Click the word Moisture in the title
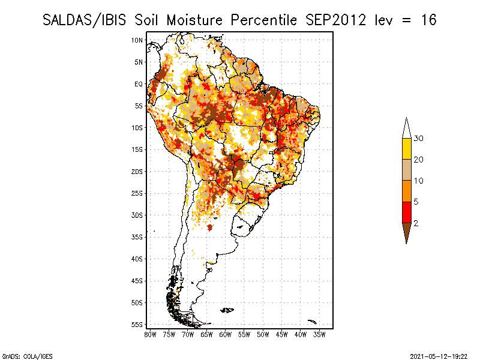coord(194,20)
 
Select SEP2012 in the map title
coord(335,20)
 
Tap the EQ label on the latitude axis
coord(139,84)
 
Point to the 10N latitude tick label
coord(137,40)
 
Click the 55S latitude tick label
coord(137,325)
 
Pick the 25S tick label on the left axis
coord(137,193)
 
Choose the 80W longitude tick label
coord(150,335)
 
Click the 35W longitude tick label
coord(319,335)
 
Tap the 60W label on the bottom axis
coord(226,335)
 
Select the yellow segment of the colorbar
coord(407,149)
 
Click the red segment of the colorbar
coord(407,212)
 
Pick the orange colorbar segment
coord(407,191)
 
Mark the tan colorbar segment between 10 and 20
coord(407,170)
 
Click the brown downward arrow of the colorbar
coord(407,231)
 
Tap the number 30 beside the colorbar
coord(418,139)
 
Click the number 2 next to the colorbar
coord(416,223)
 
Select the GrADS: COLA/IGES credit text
coord(27,356)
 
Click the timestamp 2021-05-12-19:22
coord(439,356)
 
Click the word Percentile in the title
coord(264,20)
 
